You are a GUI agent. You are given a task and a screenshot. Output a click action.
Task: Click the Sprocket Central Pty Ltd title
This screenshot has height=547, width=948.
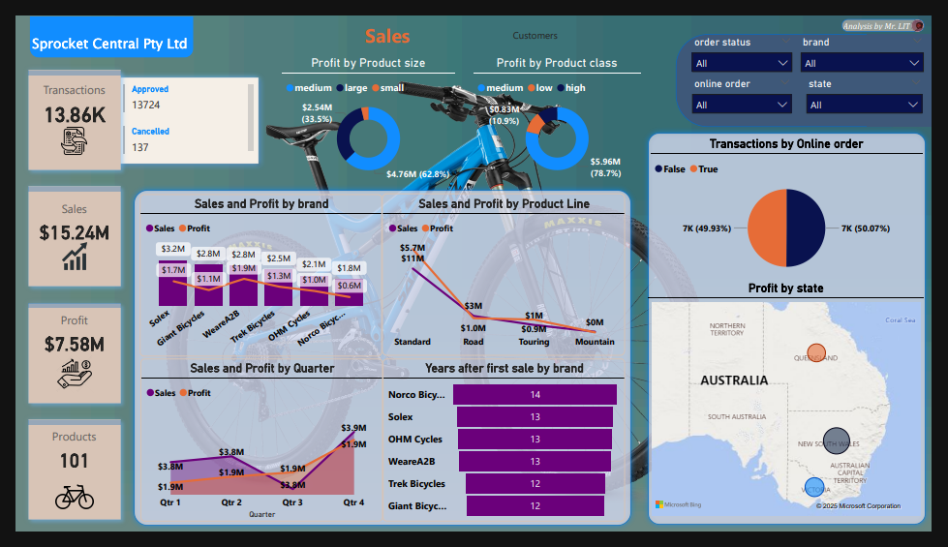pos(109,44)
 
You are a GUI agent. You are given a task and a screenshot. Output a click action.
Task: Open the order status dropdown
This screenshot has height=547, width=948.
pos(743,63)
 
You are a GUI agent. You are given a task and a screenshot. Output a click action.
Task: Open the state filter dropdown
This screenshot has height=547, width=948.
pos(863,105)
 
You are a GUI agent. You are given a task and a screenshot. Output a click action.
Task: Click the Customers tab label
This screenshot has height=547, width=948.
pos(535,36)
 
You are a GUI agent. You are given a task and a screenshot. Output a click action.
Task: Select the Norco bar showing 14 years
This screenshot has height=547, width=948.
pos(535,395)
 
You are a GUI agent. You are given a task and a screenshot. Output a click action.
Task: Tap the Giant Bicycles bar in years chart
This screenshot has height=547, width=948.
pos(535,506)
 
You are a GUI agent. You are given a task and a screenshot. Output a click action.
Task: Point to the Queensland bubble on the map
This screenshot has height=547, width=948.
pos(816,354)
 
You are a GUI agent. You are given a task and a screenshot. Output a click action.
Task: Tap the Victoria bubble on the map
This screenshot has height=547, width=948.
pos(814,488)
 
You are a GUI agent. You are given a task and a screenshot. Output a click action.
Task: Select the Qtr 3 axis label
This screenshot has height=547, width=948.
pos(292,503)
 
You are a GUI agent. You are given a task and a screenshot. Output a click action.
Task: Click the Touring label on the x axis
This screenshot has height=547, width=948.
pos(534,342)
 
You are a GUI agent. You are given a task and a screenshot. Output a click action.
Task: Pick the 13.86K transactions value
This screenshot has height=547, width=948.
pos(75,115)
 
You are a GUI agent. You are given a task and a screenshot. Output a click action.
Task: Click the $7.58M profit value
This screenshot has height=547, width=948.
pos(75,344)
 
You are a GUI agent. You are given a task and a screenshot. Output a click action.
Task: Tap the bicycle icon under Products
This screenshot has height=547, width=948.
pos(75,498)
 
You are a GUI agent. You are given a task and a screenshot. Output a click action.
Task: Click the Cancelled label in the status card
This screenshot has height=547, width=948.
pos(150,132)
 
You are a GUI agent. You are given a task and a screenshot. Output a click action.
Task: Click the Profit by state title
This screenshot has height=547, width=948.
pos(785,289)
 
